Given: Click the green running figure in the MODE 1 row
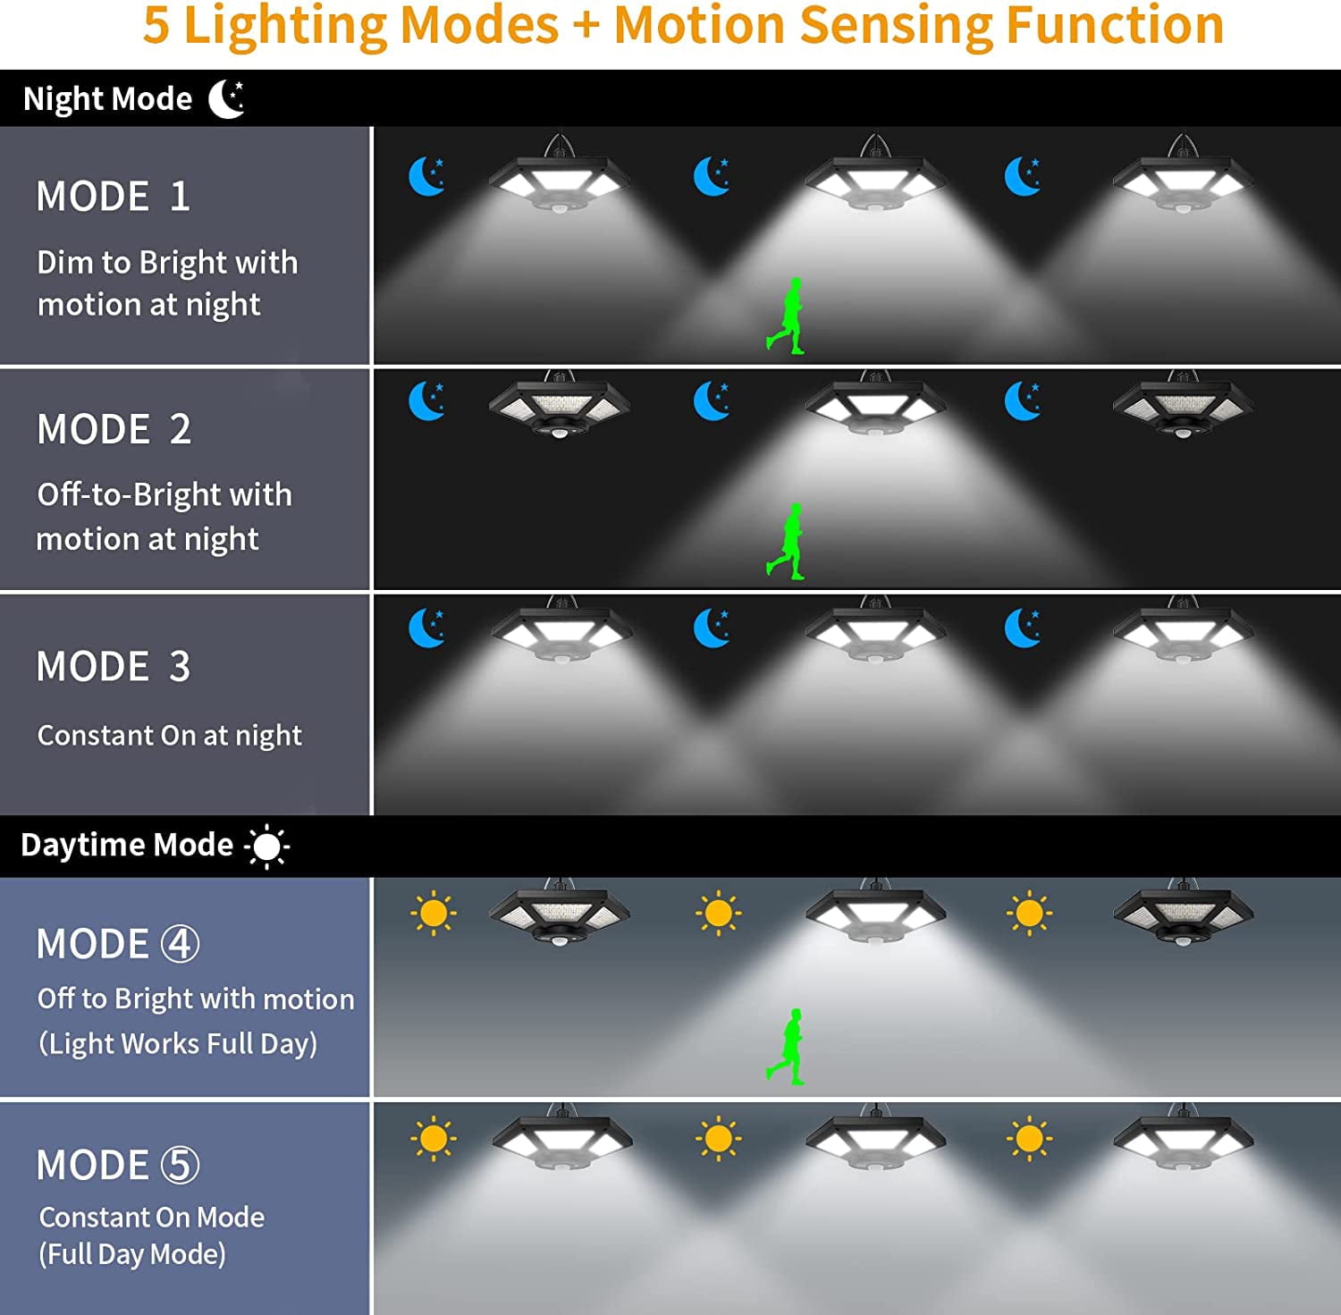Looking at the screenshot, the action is coord(786,316).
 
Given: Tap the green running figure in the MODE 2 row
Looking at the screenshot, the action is coord(786,541).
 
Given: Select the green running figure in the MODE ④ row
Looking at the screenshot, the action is coord(786,1047).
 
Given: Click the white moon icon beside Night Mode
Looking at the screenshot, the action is coord(227,98).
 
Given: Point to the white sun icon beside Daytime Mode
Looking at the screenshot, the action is coord(266,846).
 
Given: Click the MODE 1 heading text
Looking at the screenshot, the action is coord(114,197).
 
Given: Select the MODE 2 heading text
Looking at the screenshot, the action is coord(114,429).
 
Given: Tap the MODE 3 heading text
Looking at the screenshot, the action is coord(114,666).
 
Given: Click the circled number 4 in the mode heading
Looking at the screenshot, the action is coord(180,944).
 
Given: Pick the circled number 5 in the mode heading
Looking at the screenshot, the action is coord(180,1165).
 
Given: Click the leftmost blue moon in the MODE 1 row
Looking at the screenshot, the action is coord(426,176).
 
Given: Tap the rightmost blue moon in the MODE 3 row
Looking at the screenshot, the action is coord(1022,628).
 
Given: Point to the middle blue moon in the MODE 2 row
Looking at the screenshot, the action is coord(712,401).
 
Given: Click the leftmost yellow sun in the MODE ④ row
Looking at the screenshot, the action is coord(434,914).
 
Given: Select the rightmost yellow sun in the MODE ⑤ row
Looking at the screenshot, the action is coord(1029,1139).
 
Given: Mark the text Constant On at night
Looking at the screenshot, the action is coord(169,736).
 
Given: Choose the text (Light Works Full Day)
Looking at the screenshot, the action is coord(178,1043).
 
